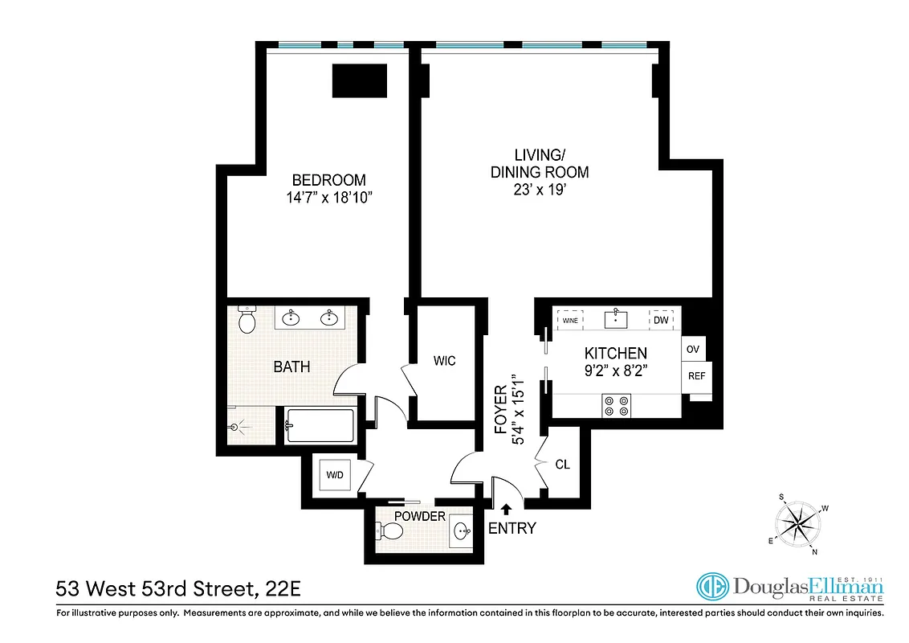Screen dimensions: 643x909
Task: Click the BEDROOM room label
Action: pyautogui.click(x=328, y=180)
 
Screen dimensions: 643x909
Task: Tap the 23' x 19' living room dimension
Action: pyautogui.click(x=540, y=190)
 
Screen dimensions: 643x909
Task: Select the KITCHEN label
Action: pyautogui.click(x=615, y=353)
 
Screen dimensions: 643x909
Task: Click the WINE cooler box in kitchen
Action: pyautogui.click(x=570, y=320)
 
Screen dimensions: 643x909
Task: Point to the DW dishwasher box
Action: pyautogui.click(x=661, y=320)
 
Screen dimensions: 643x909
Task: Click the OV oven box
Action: pyautogui.click(x=691, y=350)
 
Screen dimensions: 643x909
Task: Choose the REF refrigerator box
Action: pyautogui.click(x=693, y=375)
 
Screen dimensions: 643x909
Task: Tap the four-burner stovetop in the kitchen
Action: pyautogui.click(x=616, y=405)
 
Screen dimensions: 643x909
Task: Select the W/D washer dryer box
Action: pyautogui.click(x=334, y=474)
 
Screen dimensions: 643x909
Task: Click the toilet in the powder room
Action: pyautogui.click(x=390, y=531)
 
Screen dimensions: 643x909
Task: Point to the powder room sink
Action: pyautogui.click(x=462, y=531)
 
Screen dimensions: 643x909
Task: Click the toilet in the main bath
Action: pyautogui.click(x=247, y=321)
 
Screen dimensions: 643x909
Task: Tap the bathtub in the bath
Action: pyautogui.click(x=320, y=424)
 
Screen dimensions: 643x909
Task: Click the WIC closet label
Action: pyautogui.click(x=444, y=361)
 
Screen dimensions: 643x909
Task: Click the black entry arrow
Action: pyautogui.click(x=506, y=508)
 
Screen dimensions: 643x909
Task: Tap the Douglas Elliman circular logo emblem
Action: pyautogui.click(x=711, y=588)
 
